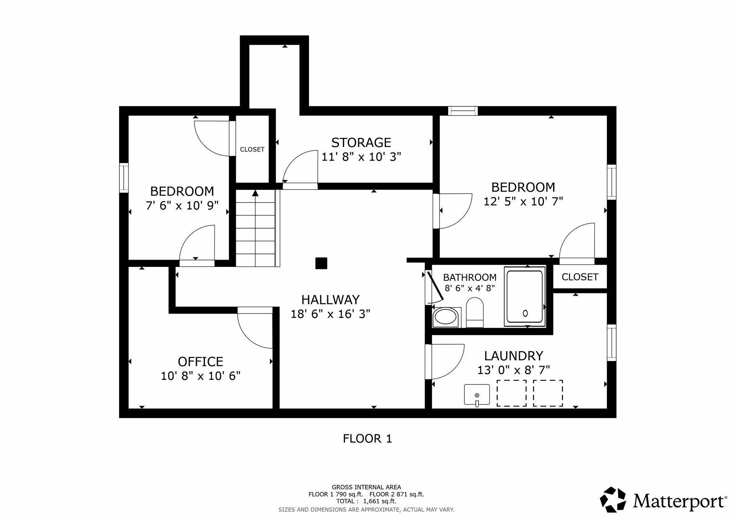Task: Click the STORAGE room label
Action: pyautogui.click(x=361, y=142)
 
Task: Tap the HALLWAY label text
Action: pyautogui.click(x=330, y=299)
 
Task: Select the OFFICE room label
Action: pyautogui.click(x=201, y=361)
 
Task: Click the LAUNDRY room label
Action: pyautogui.click(x=514, y=356)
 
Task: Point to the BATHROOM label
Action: pyautogui.click(x=470, y=277)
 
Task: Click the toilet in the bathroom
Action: pyautogui.click(x=475, y=312)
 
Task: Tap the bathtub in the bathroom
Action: pyautogui.click(x=525, y=297)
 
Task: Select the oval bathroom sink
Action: pyautogui.click(x=446, y=317)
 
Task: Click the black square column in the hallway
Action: pyautogui.click(x=321, y=263)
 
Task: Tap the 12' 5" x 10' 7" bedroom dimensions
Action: pyautogui.click(x=523, y=201)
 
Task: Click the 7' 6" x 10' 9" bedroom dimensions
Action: pyautogui.click(x=182, y=206)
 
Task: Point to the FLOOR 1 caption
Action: pyautogui.click(x=367, y=438)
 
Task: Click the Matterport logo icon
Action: pyautogui.click(x=613, y=499)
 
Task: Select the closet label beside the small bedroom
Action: pyautogui.click(x=252, y=149)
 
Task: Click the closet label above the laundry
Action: pyautogui.click(x=580, y=277)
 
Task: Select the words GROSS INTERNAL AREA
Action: pyautogui.click(x=366, y=487)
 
